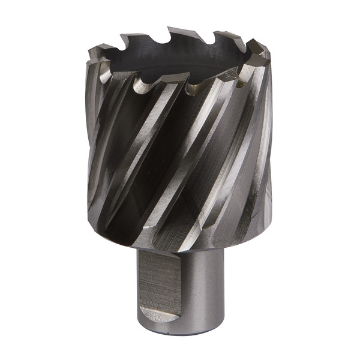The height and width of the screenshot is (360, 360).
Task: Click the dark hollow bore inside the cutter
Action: point(180,60)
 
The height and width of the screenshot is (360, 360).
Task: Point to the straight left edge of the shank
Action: point(139,282)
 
